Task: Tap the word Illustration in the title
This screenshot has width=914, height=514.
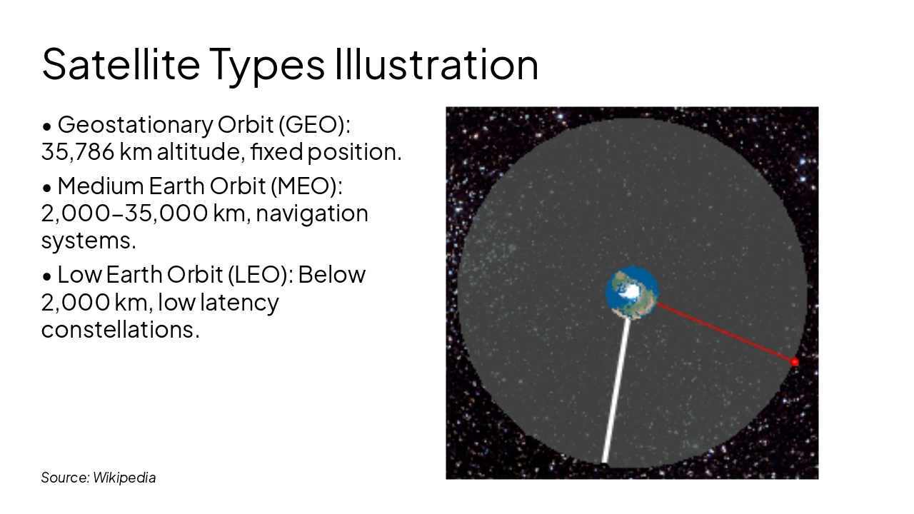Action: pos(436,64)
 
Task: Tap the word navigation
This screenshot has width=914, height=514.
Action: pos(312,213)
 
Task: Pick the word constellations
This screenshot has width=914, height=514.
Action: pos(119,329)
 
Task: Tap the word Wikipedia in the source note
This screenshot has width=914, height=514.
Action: pos(124,478)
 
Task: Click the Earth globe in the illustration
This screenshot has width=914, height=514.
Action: pos(632,292)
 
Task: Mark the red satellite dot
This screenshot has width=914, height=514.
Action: pos(794,362)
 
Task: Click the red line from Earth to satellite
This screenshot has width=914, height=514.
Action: pos(725,333)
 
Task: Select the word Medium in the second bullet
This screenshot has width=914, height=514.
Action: pos(100,186)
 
